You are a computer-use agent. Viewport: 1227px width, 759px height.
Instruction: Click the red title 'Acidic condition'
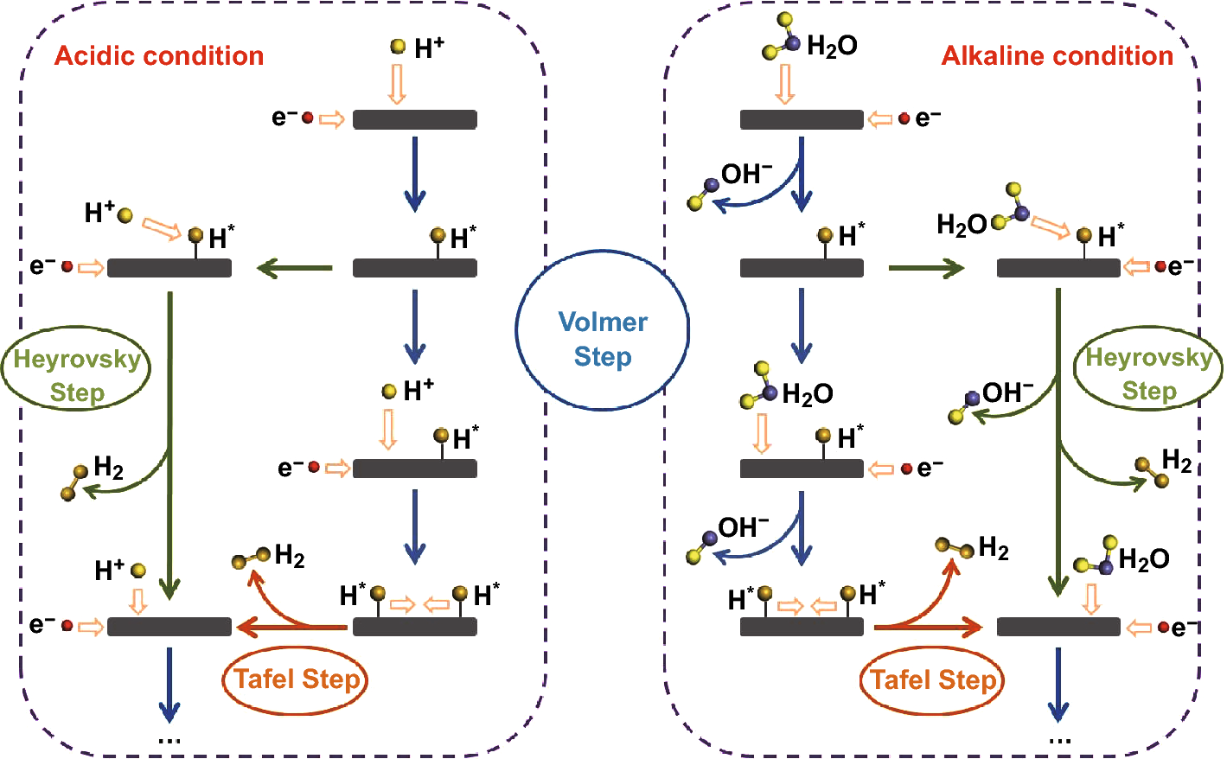(159, 56)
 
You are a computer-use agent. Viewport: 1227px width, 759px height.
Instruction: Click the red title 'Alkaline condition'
(1057, 56)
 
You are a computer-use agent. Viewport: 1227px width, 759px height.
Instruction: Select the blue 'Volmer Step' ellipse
(603, 339)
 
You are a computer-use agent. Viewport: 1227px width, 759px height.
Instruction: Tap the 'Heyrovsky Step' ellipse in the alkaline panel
(1148, 373)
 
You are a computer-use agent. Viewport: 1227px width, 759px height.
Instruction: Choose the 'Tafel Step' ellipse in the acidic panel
(296, 679)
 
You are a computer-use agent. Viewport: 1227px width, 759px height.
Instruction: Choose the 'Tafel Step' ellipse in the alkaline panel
(933, 680)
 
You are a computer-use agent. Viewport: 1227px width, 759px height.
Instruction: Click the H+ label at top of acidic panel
(429, 48)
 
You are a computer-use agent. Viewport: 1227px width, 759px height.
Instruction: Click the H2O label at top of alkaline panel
(831, 46)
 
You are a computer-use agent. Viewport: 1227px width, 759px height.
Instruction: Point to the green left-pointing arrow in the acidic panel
(295, 268)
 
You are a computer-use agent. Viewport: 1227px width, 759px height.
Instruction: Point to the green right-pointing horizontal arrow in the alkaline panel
(926, 268)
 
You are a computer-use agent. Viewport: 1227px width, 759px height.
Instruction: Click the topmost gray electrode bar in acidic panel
(415, 119)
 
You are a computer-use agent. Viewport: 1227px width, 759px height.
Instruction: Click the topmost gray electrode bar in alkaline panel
(802, 119)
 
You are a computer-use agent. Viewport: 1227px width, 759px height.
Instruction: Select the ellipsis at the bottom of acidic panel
(169, 740)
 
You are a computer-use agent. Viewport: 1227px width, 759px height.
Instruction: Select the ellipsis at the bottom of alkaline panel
(1059, 740)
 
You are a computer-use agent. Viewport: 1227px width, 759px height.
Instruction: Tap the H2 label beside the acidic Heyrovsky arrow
(108, 468)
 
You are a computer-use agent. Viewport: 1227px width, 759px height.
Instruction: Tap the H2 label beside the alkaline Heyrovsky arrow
(1176, 460)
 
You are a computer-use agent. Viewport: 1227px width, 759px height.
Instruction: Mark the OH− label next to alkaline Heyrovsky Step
(1007, 393)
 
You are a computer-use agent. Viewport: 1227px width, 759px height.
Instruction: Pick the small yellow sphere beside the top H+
(398, 47)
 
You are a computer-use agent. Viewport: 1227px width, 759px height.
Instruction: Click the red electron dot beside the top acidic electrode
(307, 118)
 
